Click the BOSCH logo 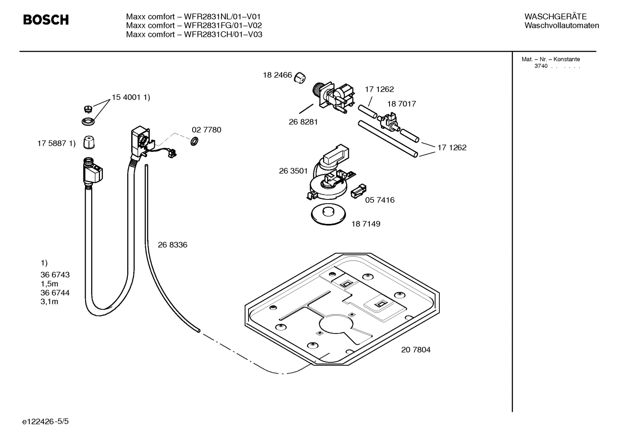(x=46, y=20)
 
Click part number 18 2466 (x=277, y=75)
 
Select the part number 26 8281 (x=303, y=122)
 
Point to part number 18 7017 (x=401, y=104)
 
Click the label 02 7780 (x=206, y=130)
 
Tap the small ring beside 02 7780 (x=194, y=141)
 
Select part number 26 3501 (x=293, y=171)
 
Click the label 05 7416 (x=379, y=200)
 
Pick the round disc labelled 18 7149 (x=329, y=214)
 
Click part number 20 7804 (x=415, y=350)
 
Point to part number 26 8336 (x=172, y=245)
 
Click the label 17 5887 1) (x=56, y=144)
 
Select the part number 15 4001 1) (x=131, y=98)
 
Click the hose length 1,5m (x=49, y=284)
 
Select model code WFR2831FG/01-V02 (x=223, y=25)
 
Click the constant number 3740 (x=541, y=66)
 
